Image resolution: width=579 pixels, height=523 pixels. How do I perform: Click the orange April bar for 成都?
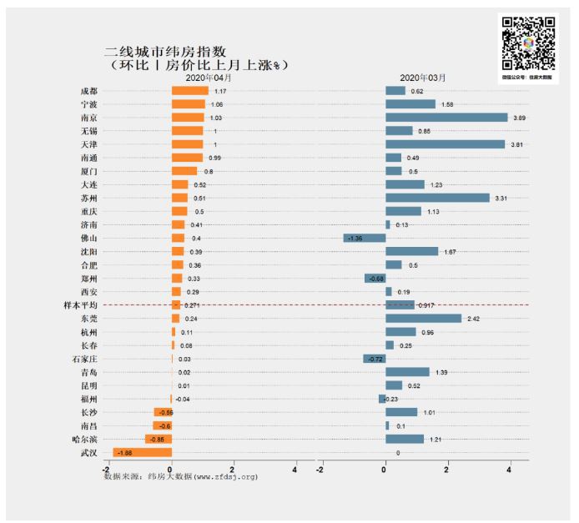(x=189, y=91)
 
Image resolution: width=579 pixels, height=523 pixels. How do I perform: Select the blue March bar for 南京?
(x=446, y=118)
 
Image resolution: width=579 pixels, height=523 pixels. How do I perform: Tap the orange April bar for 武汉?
(x=143, y=453)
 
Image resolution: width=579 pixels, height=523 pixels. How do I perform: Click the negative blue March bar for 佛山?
(x=365, y=239)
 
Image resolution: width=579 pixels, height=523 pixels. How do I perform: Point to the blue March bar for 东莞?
(x=423, y=319)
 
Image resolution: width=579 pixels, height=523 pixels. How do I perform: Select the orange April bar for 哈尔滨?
(x=159, y=440)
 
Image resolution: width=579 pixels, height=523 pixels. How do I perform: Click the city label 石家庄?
(x=85, y=360)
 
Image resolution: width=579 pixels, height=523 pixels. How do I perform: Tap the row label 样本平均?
(x=81, y=305)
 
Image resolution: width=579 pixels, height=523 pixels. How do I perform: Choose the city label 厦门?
(x=88, y=171)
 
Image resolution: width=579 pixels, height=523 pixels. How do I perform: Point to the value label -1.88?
(x=123, y=453)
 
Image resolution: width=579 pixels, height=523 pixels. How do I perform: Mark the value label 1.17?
(x=220, y=91)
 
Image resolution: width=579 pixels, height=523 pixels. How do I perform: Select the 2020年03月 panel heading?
(x=422, y=78)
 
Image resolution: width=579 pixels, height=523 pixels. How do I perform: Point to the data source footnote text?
(x=180, y=477)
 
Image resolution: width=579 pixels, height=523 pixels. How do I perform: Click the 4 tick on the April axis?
(x=295, y=468)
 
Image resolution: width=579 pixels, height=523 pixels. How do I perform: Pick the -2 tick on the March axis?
(x=321, y=468)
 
